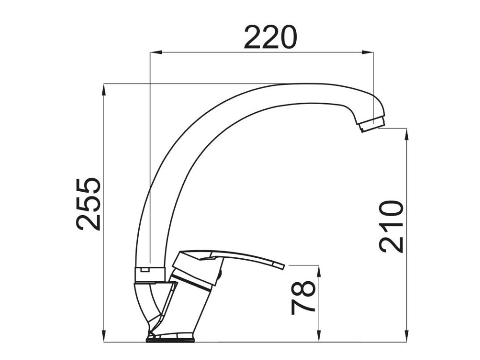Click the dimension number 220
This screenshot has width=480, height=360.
tap(270, 37)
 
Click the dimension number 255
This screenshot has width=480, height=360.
tap(89, 204)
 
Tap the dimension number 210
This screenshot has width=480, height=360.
tap(391, 226)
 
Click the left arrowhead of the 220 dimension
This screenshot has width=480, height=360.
tap(155, 52)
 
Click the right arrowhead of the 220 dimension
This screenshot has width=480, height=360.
tap(367, 52)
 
